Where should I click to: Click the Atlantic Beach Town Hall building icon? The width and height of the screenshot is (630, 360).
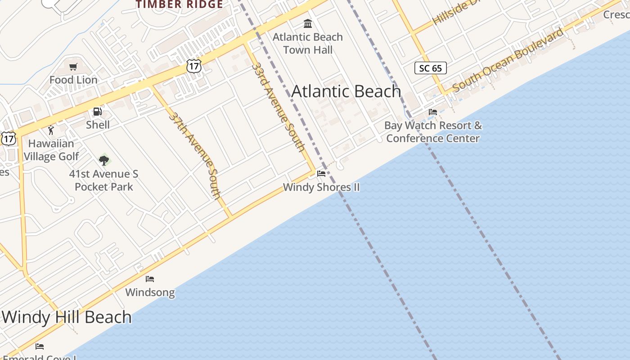(308, 23)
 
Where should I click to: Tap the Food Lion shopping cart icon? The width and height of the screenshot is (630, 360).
(73, 67)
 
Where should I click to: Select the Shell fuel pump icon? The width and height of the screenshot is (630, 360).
(97, 112)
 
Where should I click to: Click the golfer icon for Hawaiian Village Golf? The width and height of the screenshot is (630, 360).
(51, 130)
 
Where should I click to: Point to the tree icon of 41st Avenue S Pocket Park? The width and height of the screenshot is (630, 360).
(104, 160)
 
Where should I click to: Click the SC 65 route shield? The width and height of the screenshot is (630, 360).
(430, 68)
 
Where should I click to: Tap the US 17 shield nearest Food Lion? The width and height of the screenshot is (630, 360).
(193, 66)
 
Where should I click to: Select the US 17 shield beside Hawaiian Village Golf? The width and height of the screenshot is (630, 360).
(8, 138)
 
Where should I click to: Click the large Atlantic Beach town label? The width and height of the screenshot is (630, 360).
(346, 91)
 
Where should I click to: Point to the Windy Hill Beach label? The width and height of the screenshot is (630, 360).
(67, 317)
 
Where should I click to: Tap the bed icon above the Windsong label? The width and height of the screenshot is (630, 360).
(150, 279)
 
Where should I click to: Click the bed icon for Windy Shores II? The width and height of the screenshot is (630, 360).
(321, 174)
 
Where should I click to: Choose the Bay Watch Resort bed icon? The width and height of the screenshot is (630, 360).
(433, 112)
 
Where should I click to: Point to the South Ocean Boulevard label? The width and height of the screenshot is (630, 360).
(508, 60)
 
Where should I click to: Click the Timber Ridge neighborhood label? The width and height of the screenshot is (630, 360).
(180, 4)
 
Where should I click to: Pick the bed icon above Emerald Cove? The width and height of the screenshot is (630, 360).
(40, 346)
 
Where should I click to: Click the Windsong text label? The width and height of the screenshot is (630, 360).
(150, 292)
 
